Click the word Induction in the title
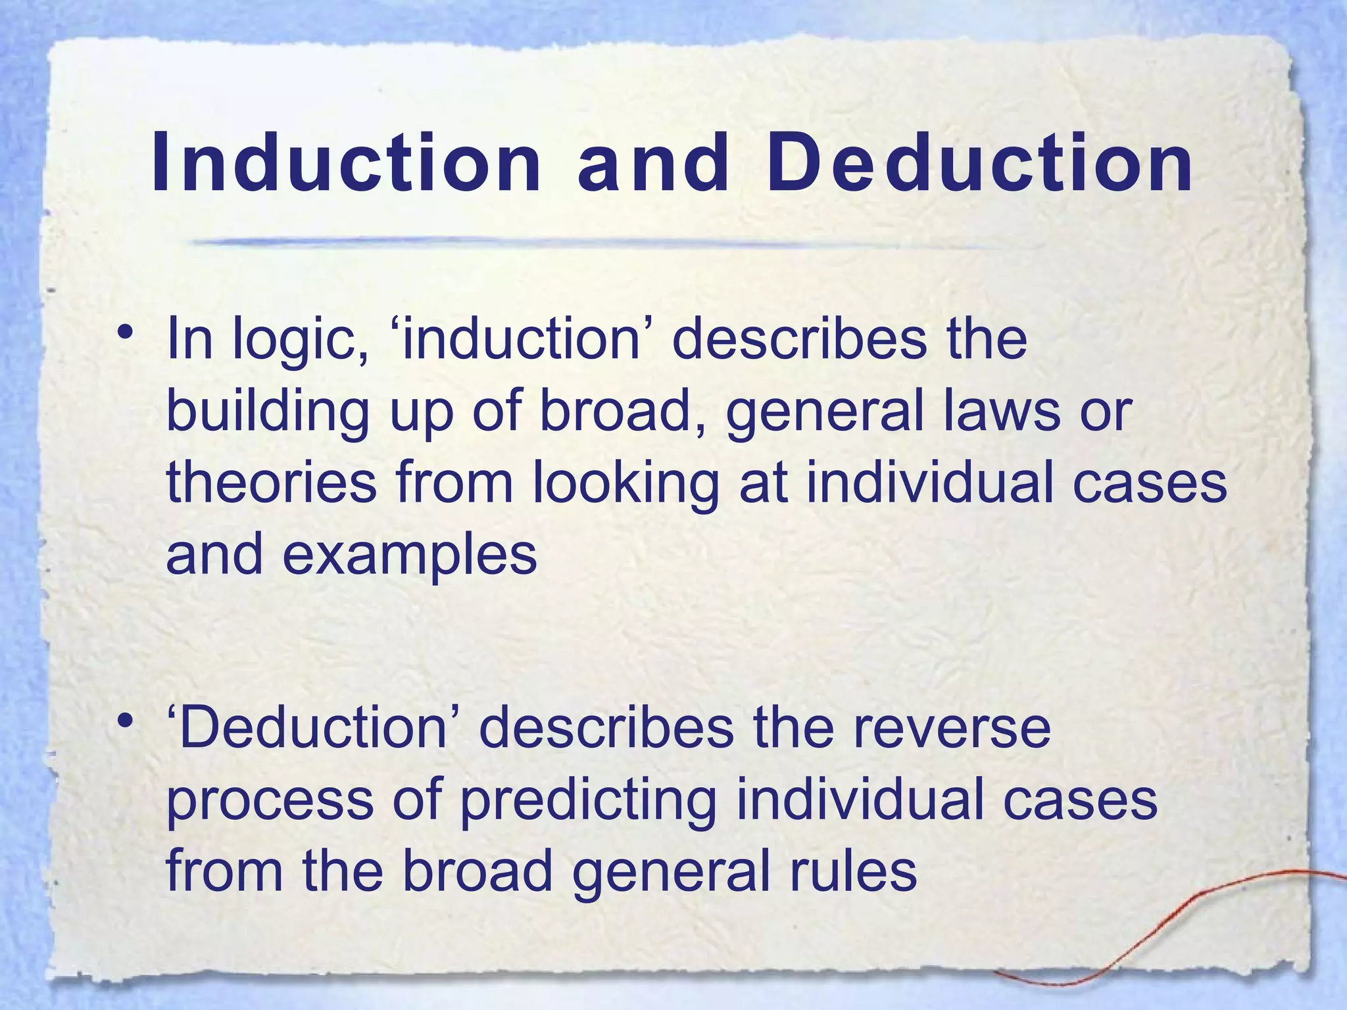(346, 163)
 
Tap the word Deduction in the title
(979, 163)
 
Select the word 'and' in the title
(653, 163)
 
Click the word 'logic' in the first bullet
(300, 340)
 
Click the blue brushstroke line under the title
(592, 242)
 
